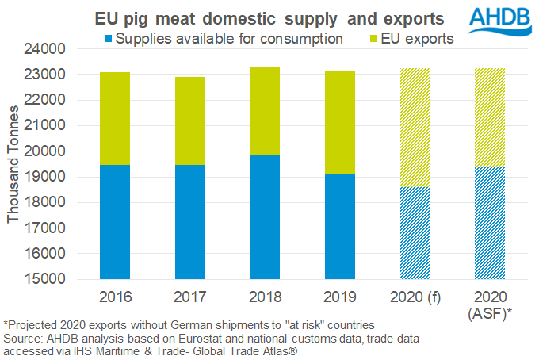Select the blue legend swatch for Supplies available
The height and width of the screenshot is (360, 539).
(x=109, y=38)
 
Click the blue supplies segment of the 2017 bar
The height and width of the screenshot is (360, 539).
(x=190, y=222)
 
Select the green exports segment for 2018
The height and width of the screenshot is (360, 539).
(x=266, y=110)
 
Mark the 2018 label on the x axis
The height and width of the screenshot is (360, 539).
(x=266, y=297)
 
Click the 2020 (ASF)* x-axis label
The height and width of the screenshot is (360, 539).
(x=490, y=305)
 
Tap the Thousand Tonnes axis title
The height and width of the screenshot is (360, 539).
(x=13, y=164)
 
